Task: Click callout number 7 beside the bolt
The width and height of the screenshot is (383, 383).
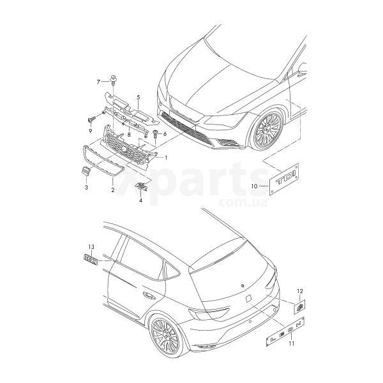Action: (99, 82)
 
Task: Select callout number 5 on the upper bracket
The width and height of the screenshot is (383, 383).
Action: (137, 98)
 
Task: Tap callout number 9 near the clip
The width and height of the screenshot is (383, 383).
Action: (91, 130)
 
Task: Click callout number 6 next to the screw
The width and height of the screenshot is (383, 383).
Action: (164, 134)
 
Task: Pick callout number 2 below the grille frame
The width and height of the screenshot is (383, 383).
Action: (113, 190)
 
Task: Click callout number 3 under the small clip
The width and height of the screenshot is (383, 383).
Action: (86, 189)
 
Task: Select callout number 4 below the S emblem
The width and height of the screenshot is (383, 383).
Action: (140, 200)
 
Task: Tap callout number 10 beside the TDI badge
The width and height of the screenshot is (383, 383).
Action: (253, 187)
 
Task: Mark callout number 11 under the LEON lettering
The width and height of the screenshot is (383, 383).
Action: (291, 345)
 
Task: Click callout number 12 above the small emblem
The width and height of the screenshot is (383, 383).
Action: (299, 291)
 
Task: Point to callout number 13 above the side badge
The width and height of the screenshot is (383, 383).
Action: (91, 247)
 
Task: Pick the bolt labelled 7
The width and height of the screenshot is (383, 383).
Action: (113, 80)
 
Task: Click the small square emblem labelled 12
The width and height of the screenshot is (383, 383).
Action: (301, 306)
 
